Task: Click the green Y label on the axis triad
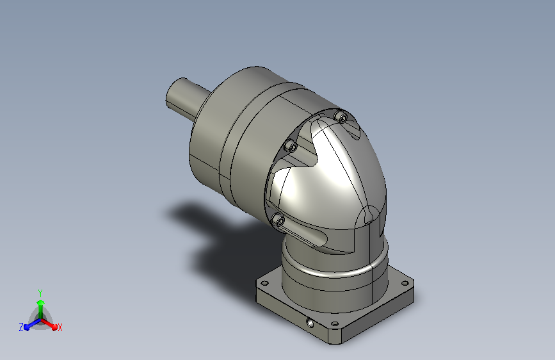(40, 293)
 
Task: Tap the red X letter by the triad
(60, 327)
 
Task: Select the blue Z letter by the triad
(21, 327)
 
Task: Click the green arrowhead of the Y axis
(41, 302)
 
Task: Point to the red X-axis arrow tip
(54, 327)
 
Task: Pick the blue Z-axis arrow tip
(26, 327)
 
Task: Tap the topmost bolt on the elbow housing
(342, 117)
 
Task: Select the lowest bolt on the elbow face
(278, 220)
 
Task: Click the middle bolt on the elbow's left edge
(292, 145)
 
